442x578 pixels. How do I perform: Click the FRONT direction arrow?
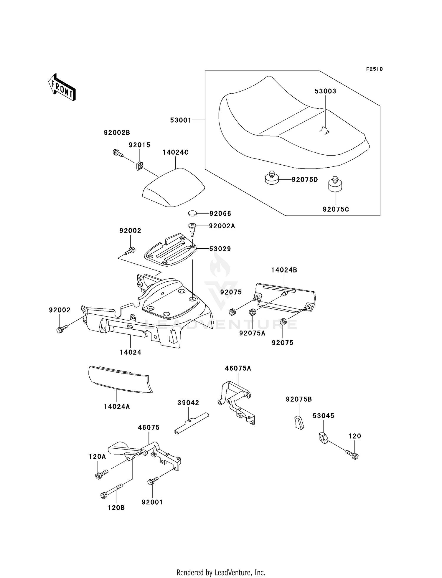pos(62,87)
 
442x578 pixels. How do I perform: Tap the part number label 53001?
pos(181,120)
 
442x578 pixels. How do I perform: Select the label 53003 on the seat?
pos(325,91)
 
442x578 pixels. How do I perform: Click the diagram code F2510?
pos(374,69)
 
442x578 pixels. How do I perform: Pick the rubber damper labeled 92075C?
pos(335,185)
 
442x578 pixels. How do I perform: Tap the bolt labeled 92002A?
pos(192,228)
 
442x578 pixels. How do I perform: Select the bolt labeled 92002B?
pos(118,153)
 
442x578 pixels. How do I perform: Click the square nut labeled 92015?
pos(140,166)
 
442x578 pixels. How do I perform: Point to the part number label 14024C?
pos(175,152)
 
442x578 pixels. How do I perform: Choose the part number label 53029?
pos(220,249)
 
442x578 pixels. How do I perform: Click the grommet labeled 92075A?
pos(252,312)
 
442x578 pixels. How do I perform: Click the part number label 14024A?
pos(117,407)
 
